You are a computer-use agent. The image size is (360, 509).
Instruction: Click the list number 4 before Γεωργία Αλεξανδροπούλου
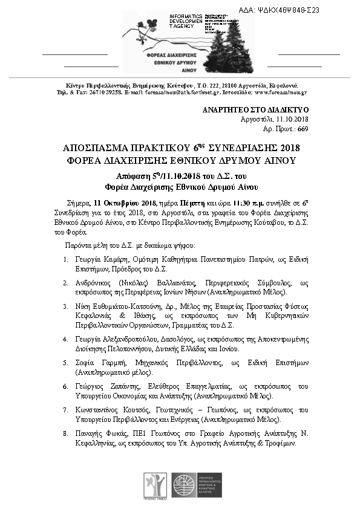click(x=65, y=340)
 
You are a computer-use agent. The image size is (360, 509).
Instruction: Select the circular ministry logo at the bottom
click(x=183, y=485)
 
